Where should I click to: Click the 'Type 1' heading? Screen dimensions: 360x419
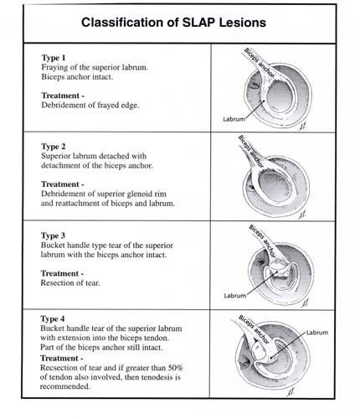[54, 58]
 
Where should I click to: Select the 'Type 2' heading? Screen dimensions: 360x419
[54, 147]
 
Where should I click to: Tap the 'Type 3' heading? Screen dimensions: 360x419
[53, 235]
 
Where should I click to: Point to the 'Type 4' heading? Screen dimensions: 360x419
[53, 318]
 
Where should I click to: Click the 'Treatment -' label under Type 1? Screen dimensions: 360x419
[63, 96]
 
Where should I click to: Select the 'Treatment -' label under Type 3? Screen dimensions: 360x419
[62, 273]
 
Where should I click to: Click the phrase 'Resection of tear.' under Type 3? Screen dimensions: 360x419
[70, 283]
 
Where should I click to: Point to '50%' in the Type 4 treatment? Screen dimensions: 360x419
[176, 368]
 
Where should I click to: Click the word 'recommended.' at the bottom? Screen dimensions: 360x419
[65, 386]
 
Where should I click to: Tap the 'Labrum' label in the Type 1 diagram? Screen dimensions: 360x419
[234, 119]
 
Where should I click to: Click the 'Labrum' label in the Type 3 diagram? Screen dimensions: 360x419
[235, 296]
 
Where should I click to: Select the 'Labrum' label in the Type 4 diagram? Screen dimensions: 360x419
[317, 333]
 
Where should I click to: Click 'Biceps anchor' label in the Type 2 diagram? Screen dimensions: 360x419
[251, 151]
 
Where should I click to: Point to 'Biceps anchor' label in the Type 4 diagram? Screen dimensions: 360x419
[254, 329]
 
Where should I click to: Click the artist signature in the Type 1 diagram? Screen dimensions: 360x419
[302, 127]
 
